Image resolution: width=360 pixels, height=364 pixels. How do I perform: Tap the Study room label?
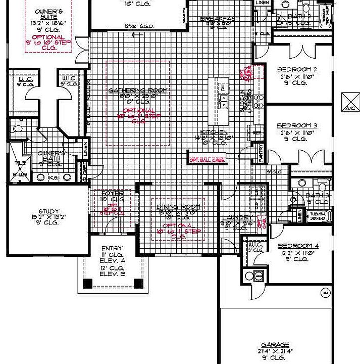49,212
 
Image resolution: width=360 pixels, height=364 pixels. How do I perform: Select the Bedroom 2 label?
297,69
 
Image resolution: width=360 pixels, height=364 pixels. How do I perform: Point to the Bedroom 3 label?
297,125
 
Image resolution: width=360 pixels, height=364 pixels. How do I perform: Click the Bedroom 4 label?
297,246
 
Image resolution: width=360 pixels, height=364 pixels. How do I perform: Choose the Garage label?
275,344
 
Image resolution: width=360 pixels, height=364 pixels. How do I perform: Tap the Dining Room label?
178,207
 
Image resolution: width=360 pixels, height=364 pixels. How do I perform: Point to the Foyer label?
112,193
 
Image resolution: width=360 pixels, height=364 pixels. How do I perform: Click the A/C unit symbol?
349,101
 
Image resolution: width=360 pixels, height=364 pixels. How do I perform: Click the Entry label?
112,248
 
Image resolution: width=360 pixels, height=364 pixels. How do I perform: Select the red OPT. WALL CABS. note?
207,160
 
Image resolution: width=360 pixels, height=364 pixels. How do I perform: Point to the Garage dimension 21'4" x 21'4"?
275,351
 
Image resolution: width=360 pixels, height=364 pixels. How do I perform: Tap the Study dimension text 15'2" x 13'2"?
49,218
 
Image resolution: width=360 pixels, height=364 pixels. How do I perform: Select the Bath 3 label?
317,195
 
